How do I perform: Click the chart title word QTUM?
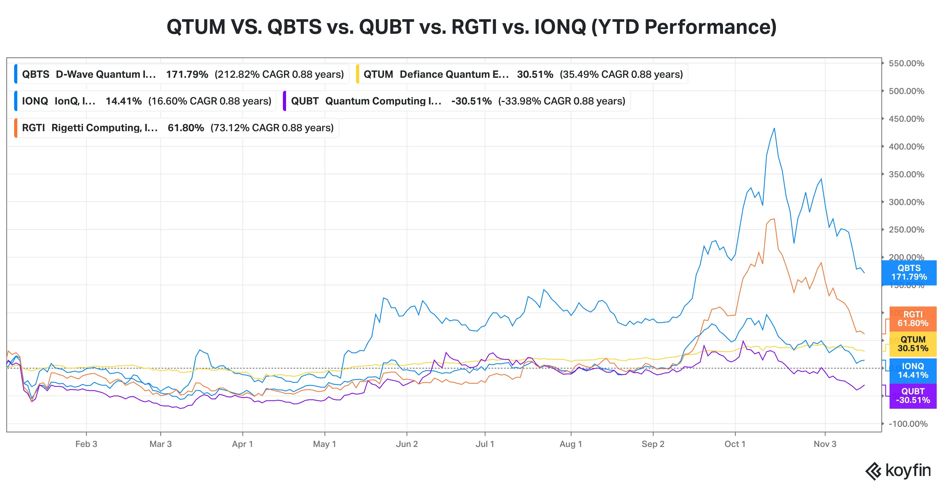pos(196,27)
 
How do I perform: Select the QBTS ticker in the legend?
pos(36,74)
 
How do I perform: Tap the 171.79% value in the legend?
pos(187,74)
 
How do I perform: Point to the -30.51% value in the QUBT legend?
pos(471,101)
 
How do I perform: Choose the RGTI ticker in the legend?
pos(33,128)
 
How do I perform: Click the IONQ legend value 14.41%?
pos(123,101)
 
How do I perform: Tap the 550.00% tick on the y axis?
pos(906,63)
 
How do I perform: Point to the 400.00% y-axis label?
pos(906,147)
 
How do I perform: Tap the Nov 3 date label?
pos(825,444)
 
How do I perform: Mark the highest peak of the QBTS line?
pos(774,129)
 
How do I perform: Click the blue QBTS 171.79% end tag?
pos(909,273)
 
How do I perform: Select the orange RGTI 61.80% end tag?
pos(913,319)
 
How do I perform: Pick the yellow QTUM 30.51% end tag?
pos(913,344)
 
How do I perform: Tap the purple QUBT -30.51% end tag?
pos(913,396)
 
